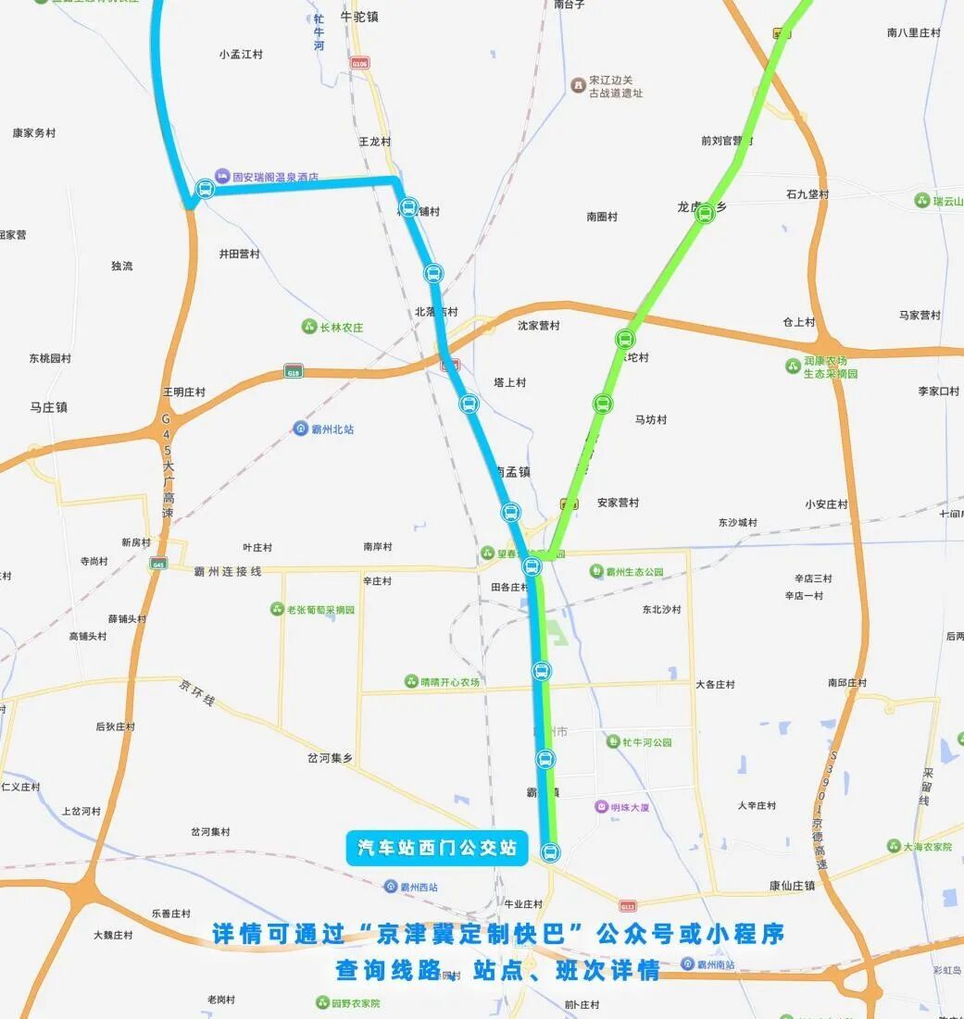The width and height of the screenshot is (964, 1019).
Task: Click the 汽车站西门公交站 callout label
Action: (x=437, y=848)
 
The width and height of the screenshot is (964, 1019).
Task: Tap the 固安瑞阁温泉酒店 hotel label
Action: (x=275, y=176)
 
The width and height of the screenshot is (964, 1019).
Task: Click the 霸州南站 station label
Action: (x=715, y=964)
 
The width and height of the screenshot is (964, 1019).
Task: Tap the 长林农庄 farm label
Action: (x=341, y=327)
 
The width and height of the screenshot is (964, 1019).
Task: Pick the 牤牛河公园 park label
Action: (x=646, y=741)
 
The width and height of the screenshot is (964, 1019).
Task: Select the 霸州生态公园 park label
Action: (x=634, y=572)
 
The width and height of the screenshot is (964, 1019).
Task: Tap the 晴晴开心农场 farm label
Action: (x=449, y=682)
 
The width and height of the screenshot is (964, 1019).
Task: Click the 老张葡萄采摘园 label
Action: (x=319, y=609)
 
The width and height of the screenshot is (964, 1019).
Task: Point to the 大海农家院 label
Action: (x=927, y=846)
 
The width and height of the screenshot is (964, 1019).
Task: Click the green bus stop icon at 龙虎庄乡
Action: (x=705, y=215)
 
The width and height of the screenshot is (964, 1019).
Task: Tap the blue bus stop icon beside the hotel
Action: (x=206, y=189)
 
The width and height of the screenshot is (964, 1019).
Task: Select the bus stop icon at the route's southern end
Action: (x=550, y=851)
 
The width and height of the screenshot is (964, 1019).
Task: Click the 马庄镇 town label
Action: (x=48, y=407)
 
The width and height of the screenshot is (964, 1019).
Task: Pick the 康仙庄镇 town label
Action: (x=792, y=886)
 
